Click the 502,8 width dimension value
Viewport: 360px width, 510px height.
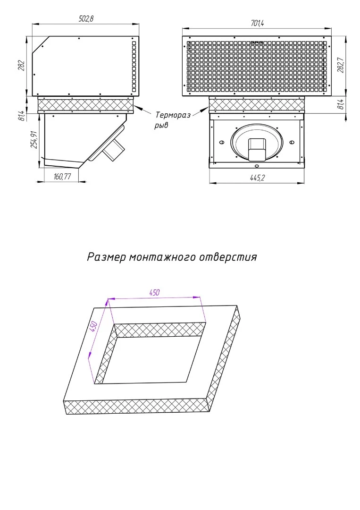86,18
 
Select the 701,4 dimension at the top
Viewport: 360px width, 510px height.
257,23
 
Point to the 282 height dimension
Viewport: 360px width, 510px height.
21,67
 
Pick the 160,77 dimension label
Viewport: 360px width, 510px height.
62,177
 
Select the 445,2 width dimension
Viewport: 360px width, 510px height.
257,178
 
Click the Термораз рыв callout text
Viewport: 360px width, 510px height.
172,119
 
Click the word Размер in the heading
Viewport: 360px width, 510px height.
106,257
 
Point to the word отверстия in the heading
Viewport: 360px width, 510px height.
228,257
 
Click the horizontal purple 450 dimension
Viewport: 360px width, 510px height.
154,292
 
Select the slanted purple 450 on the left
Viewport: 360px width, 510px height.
93,327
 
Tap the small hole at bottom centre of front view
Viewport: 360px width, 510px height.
257,166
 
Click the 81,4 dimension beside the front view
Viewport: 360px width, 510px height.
341,104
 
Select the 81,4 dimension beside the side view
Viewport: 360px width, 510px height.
21,115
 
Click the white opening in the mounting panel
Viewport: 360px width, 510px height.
151,359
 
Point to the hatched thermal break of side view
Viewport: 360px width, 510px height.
85,104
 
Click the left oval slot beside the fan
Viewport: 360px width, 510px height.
222,142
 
